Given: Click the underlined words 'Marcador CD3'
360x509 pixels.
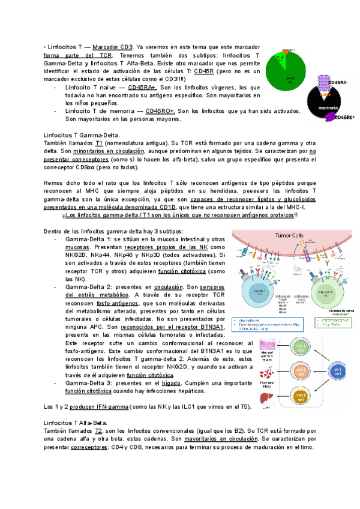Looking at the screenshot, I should click(113, 47).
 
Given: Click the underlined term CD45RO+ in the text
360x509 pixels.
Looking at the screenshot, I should click(160, 110).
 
